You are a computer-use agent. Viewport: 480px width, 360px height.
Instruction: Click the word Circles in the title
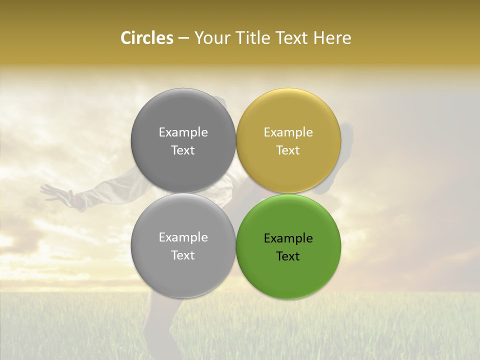pos(147,38)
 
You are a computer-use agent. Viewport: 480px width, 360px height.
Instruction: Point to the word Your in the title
pos(211,38)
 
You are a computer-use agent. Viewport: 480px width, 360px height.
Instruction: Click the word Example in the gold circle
pos(288,132)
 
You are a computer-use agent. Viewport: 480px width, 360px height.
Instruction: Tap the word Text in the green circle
pos(288,256)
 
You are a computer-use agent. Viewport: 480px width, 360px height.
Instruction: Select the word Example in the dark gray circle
pos(183,132)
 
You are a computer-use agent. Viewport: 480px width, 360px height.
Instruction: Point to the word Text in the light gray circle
pos(183,255)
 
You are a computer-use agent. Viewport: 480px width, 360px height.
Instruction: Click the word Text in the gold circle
pos(288,150)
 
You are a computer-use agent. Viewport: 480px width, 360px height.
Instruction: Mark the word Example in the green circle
pos(288,238)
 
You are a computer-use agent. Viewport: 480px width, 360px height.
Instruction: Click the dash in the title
pos(183,38)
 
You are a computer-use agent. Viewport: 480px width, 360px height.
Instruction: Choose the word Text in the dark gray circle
pos(183,150)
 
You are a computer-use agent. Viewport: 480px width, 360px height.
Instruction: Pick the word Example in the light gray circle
pos(183,237)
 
